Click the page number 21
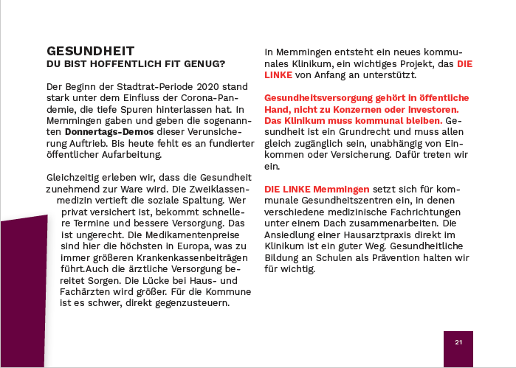click(458, 342)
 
